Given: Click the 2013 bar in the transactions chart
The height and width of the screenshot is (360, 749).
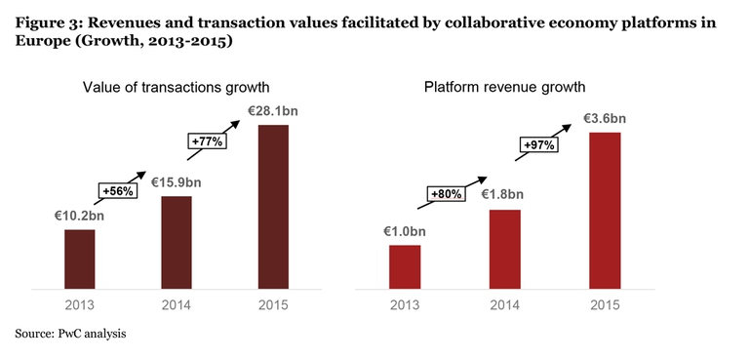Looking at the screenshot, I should pos(79,260).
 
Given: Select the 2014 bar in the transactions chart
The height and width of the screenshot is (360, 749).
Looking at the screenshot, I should pos(176,243).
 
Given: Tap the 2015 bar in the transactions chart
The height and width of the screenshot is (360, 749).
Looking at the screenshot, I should pos(273,207).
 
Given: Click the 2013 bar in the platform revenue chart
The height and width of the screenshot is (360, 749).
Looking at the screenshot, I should pos(405,267).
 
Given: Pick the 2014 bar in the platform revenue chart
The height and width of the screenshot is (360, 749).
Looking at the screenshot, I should pos(504,250).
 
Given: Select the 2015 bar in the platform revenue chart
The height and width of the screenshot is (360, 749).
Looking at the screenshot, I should pos(605,211).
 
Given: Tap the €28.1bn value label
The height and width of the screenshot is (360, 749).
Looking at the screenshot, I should pos(273,111).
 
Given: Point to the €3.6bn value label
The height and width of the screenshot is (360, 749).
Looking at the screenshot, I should pos(605,119).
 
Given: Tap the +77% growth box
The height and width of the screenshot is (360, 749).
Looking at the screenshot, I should pos(207,141).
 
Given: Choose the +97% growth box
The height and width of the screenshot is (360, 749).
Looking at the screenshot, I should pos(537,144).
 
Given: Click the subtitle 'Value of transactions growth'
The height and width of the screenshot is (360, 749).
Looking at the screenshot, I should pos(175,88).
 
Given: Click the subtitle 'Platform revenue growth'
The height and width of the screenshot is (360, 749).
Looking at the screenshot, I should pos(505,88).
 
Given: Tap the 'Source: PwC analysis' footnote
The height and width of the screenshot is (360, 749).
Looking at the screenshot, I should pos(70,334).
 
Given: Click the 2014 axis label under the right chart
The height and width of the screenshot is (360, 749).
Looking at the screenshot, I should pos(503,304).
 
